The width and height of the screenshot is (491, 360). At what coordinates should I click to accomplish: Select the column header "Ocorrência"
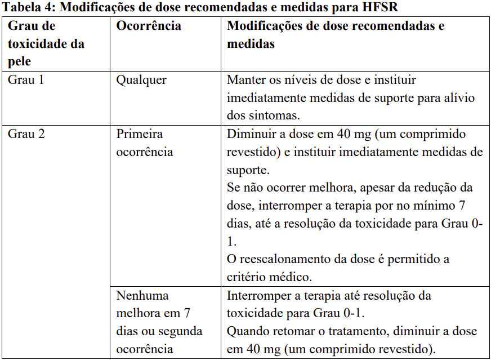(x=149, y=26)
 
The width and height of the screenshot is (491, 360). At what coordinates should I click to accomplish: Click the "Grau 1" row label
(x=26, y=79)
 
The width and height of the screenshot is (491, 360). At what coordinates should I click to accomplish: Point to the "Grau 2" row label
(x=26, y=134)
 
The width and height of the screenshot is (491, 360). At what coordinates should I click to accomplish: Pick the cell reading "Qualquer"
(x=141, y=79)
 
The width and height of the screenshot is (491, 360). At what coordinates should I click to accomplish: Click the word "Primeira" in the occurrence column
(x=140, y=134)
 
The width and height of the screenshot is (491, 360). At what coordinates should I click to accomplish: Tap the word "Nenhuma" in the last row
(x=142, y=295)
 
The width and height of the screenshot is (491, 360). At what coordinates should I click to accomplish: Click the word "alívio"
(x=459, y=97)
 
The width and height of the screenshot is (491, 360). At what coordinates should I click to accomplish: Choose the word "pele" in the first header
(x=19, y=61)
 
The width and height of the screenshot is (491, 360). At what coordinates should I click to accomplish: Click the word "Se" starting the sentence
(x=233, y=188)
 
